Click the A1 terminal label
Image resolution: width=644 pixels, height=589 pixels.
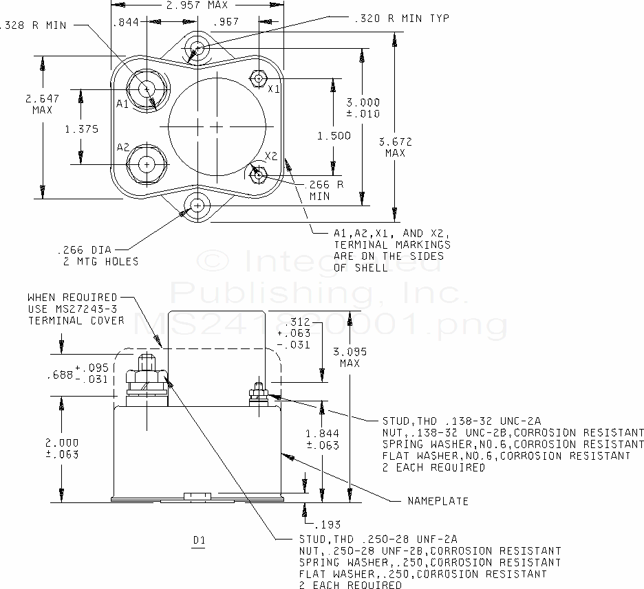click(122, 104)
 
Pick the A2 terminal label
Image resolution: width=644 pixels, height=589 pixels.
click(122, 147)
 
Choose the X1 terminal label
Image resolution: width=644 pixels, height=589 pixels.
click(274, 89)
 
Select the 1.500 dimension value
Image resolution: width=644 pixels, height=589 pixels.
click(334, 135)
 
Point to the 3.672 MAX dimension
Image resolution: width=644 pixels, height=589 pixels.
click(396, 147)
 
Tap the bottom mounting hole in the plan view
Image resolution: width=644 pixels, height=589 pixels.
click(198, 205)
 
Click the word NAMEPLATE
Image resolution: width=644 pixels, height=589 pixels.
click(438, 500)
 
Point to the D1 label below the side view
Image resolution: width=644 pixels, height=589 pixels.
click(199, 540)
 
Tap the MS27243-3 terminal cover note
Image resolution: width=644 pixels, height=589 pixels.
click(76, 309)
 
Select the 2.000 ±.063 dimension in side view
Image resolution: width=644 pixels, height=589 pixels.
click(62, 448)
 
